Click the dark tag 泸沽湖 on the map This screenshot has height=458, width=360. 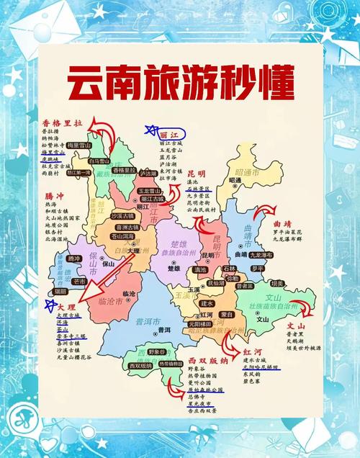tap(148, 174)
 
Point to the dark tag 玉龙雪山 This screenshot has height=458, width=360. tap(148, 191)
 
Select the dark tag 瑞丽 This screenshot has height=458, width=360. tap(60, 292)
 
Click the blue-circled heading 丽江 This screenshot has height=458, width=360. tap(168, 134)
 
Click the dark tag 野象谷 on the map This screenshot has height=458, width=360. tap(157, 351)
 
